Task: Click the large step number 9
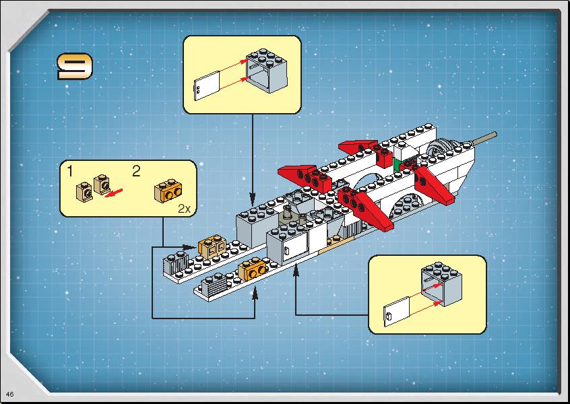pyautogui.click(x=75, y=66)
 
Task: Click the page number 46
pyautogui.click(x=10, y=394)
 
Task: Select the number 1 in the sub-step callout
pyautogui.click(x=70, y=171)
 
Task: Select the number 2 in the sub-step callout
pyautogui.click(x=136, y=171)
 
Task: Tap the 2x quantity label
pyautogui.click(x=184, y=209)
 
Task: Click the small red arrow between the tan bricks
pyautogui.click(x=113, y=193)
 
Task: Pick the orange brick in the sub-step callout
pyautogui.click(x=168, y=191)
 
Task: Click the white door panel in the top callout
pyautogui.click(x=207, y=86)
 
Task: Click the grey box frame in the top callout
pyautogui.click(x=266, y=70)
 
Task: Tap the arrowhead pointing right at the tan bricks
pyautogui.click(x=189, y=247)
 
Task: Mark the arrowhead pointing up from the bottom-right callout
pyautogui.click(x=296, y=270)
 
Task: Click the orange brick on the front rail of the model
pyautogui.click(x=252, y=269)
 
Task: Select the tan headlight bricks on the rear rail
pyautogui.click(x=212, y=246)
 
